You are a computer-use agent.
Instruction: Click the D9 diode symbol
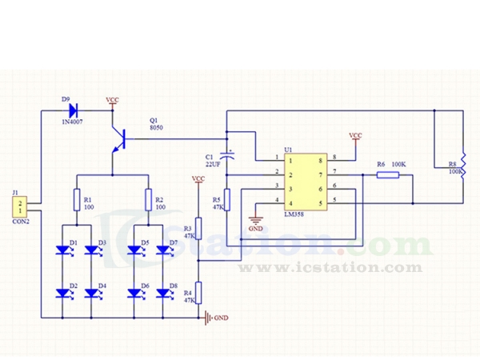pos(73,110)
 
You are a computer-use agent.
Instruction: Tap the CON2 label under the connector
pos(21,222)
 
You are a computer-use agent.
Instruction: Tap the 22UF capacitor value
pos(213,163)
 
